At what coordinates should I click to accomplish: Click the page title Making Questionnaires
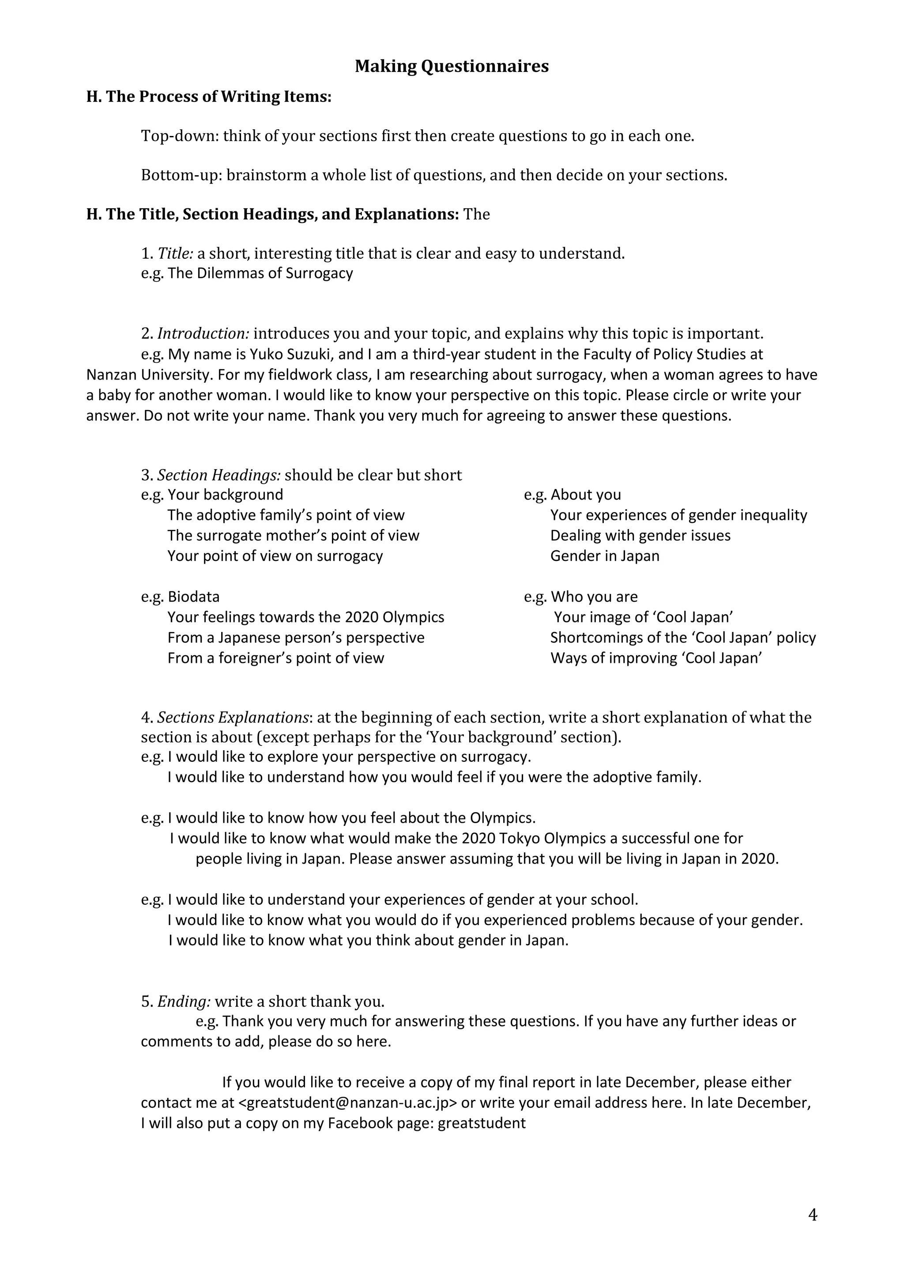click(x=451, y=66)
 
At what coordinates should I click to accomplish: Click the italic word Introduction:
click(x=203, y=334)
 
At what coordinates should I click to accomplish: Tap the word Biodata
click(x=194, y=597)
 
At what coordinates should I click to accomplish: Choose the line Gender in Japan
click(x=604, y=556)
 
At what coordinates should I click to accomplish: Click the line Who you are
click(x=594, y=597)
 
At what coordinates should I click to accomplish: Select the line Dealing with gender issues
click(x=640, y=535)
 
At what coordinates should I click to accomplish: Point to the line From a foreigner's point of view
click(x=276, y=658)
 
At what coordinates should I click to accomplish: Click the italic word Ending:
click(x=184, y=1001)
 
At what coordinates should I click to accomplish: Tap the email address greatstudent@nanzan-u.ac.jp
click(x=347, y=1103)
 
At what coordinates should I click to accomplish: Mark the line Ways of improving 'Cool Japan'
click(x=655, y=658)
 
